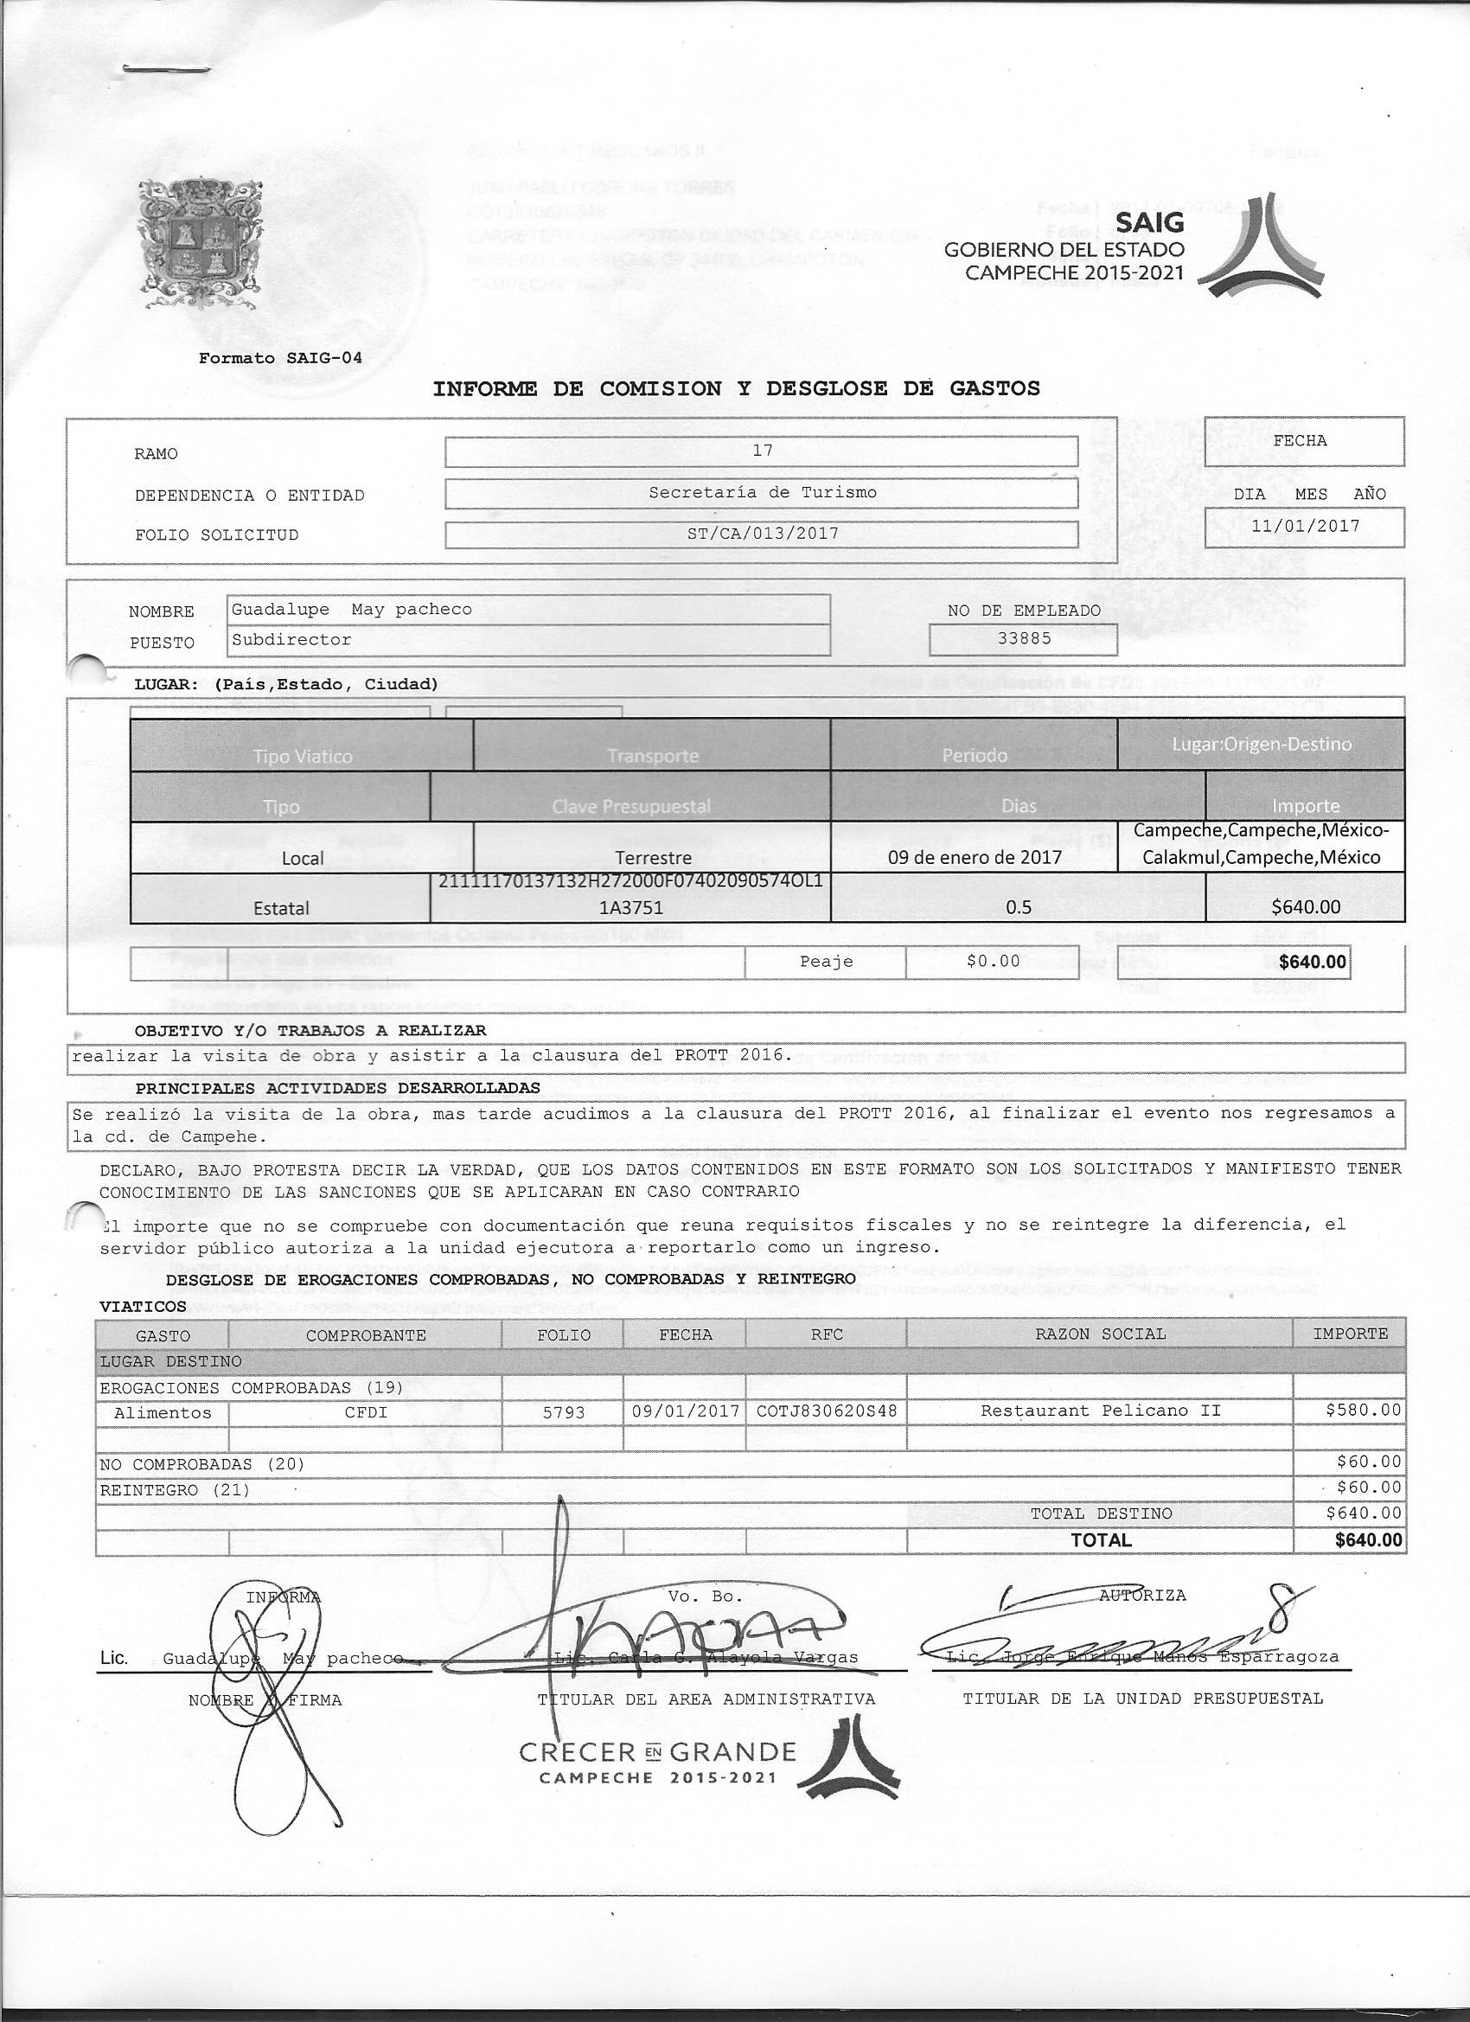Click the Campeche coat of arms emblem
coord(201,243)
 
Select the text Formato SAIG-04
coord(280,358)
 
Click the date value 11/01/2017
coord(1305,526)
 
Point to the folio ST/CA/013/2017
coord(762,534)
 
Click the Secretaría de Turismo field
coord(762,492)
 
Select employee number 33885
coord(1025,638)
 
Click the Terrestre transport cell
coord(654,858)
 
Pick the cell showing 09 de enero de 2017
coord(975,858)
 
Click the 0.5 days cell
coord(1018,907)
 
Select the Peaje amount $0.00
coord(992,961)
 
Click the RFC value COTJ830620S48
coord(827,1411)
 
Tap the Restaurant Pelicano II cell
coord(1100,1411)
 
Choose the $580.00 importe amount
coord(1363,1411)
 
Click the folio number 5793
coord(564,1412)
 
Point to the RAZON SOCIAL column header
coord(1100,1334)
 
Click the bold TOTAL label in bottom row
coord(1101,1539)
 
